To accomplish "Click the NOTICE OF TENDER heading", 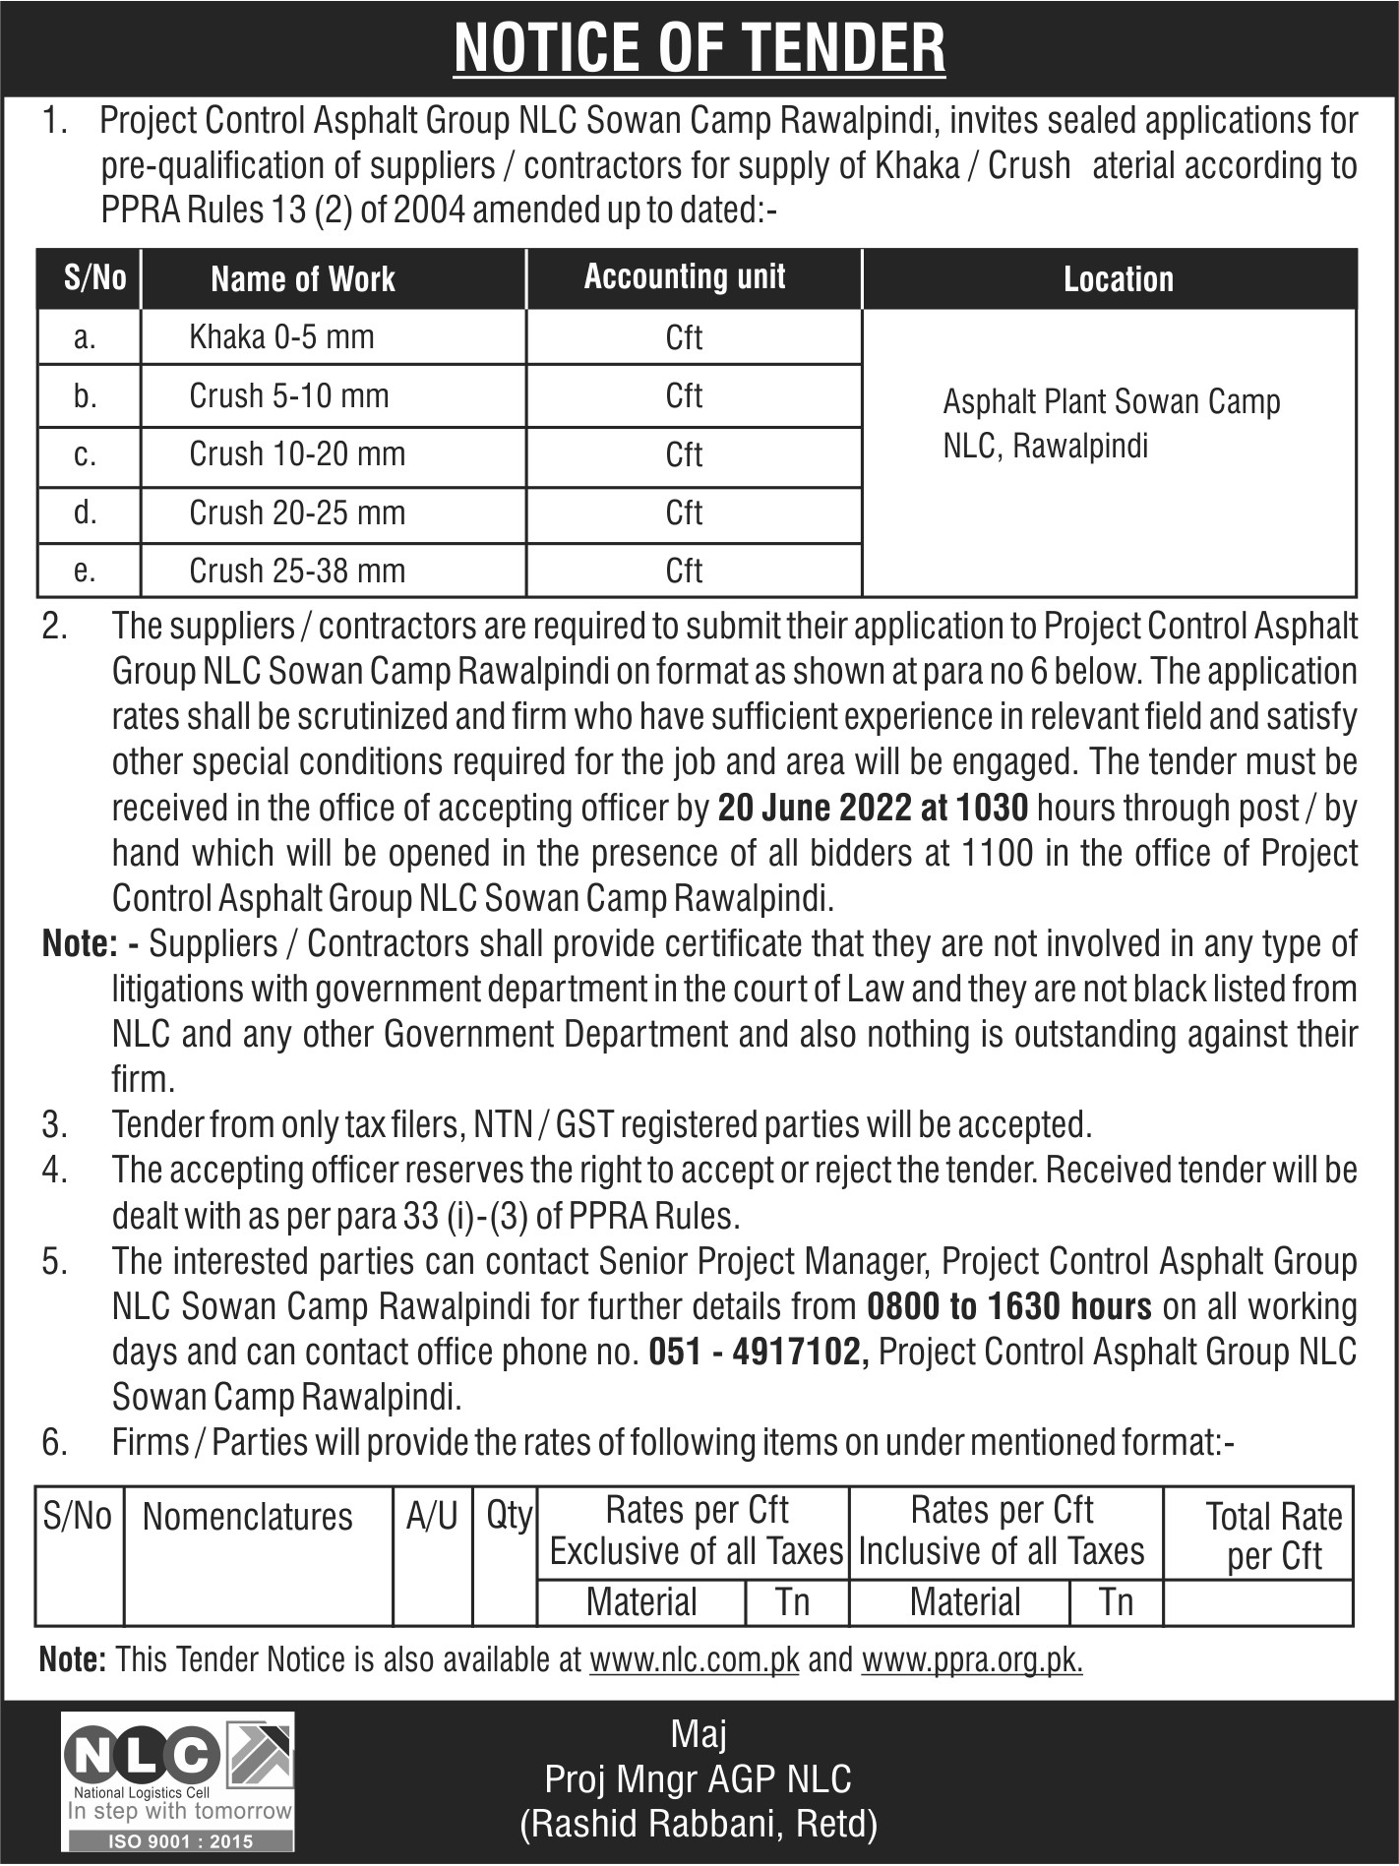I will coord(699,47).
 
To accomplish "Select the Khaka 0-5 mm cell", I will coord(281,337).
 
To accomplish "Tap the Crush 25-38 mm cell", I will coord(296,571).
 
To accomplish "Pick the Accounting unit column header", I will coord(685,277).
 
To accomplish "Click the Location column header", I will coord(1119,279).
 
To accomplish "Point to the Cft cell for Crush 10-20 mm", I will coord(684,454).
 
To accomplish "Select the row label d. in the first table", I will coord(86,512).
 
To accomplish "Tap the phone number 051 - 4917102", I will coord(755,1353).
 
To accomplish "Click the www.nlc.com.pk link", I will coord(694,1660).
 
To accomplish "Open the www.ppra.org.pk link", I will coord(971,1660).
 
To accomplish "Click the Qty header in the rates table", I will coord(509,1516).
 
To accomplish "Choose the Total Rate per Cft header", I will coord(1273,1535).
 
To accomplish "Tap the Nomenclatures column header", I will coord(247,1517).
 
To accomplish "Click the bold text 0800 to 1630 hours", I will coord(1009,1307).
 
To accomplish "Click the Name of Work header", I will coord(303,279).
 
